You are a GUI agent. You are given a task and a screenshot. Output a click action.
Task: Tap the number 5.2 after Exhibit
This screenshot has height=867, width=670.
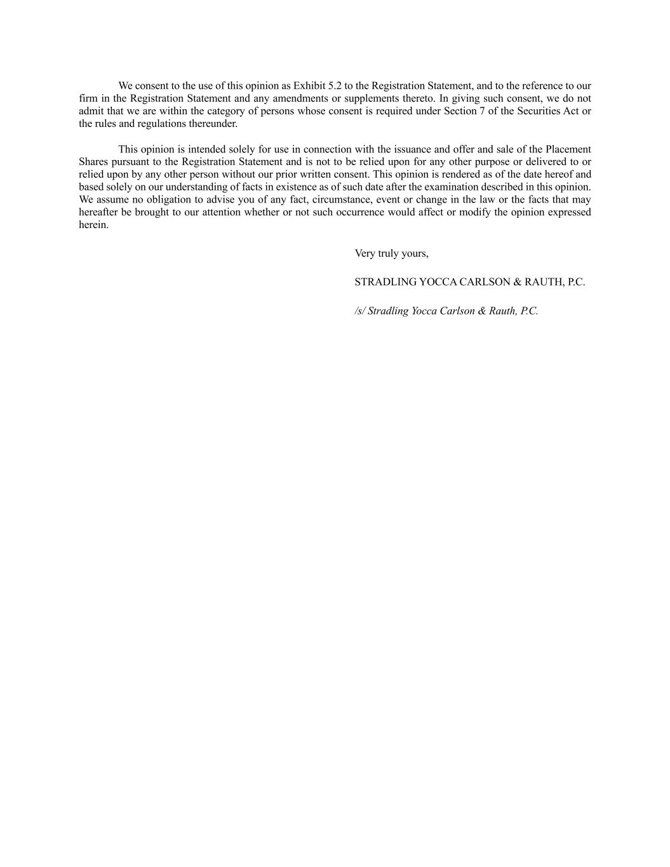pyautogui.click(x=335, y=86)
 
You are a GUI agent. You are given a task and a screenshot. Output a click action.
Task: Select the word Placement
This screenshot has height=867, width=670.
pyautogui.click(x=568, y=149)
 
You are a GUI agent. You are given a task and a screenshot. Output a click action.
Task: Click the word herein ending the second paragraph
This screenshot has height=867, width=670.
pyautogui.click(x=93, y=225)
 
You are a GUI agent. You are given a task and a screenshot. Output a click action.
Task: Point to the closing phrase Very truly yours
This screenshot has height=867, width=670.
pyautogui.click(x=391, y=253)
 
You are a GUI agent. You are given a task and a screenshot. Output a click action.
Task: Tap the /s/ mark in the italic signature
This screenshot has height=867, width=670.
pyautogui.click(x=359, y=311)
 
